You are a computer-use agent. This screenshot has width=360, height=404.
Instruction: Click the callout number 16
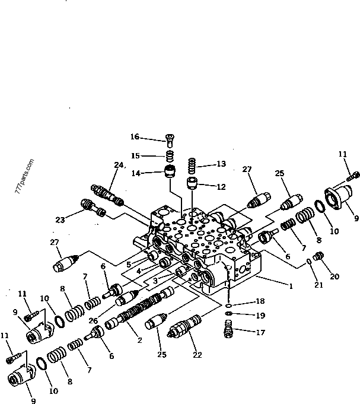135,136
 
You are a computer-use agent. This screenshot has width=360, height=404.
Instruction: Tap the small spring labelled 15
170,155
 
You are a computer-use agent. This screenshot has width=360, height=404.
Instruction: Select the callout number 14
136,173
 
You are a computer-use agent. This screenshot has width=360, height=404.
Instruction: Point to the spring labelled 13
192,166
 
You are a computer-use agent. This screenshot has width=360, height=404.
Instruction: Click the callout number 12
221,186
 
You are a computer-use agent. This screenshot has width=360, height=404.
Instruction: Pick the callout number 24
119,165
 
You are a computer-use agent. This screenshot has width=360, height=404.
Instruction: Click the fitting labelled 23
93,208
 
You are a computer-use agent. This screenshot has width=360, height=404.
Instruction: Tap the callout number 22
197,355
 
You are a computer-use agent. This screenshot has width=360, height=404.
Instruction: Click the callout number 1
291,286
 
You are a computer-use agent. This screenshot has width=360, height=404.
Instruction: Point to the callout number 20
334,276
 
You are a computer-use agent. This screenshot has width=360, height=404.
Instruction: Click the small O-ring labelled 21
309,262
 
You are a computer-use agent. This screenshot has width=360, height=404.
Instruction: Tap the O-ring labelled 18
228,306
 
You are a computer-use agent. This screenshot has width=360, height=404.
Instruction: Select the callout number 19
260,316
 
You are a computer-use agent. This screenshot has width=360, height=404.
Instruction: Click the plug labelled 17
228,328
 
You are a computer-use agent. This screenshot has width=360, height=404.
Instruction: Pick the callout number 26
93,321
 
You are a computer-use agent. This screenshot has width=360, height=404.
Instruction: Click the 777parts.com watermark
24,177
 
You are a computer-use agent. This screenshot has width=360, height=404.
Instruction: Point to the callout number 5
129,265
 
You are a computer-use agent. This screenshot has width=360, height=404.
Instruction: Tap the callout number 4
139,271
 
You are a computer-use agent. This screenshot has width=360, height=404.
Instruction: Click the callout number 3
155,281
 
